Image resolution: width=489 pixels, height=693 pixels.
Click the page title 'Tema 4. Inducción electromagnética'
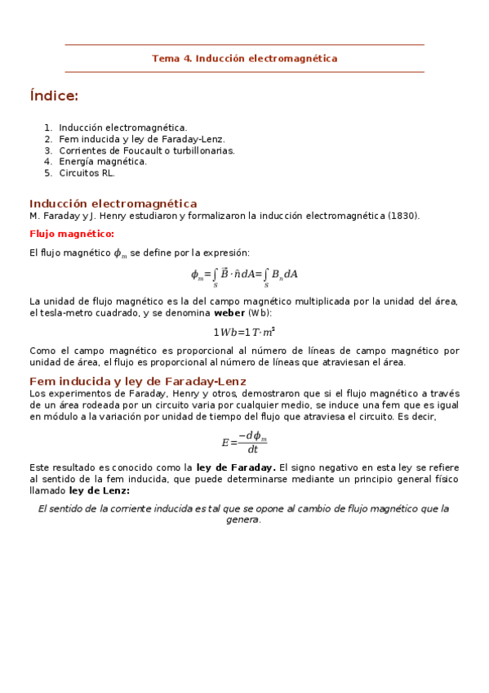[x=244, y=58]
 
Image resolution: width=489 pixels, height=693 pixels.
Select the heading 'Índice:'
[x=54, y=96]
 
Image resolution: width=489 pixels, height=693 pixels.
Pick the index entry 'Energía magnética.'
[x=103, y=162]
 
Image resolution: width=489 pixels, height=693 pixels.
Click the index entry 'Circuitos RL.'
[x=87, y=173]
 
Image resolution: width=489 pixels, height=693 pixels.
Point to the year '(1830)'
[x=403, y=216]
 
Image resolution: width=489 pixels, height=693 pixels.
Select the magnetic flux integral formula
[x=244, y=275]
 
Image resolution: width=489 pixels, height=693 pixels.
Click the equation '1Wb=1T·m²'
[x=244, y=332]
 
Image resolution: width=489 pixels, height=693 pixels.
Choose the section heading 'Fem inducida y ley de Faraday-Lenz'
[x=138, y=382]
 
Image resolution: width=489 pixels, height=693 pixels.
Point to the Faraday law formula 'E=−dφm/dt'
[x=244, y=442]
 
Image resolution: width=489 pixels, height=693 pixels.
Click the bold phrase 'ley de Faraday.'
[x=236, y=467]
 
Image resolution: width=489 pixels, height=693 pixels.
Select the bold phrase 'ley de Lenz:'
[x=100, y=490]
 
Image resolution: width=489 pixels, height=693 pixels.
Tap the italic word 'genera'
[x=242, y=520]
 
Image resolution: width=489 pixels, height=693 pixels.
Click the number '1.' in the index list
[x=48, y=127]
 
